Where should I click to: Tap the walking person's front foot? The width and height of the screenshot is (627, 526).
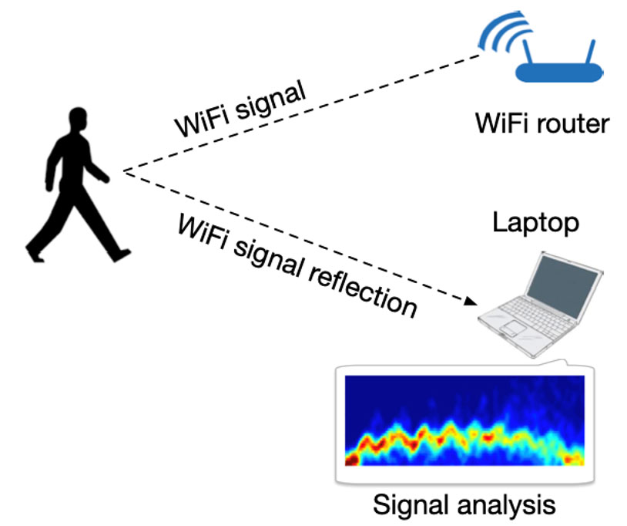(119, 254)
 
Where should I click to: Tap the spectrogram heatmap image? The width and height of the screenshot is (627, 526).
(464, 421)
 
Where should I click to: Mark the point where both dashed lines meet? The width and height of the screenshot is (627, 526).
(123, 171)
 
